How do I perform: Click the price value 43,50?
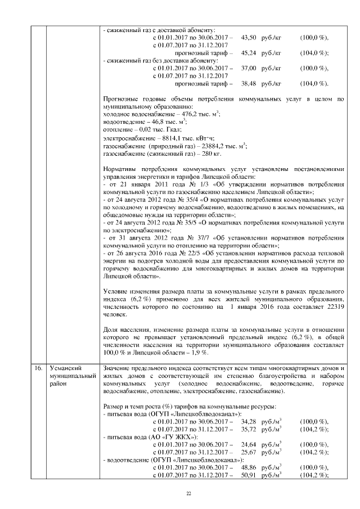pos(249,37)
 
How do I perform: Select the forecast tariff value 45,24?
pos(249,53)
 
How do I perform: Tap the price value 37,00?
pos(249,68)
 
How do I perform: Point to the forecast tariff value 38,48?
pos(249,83)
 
